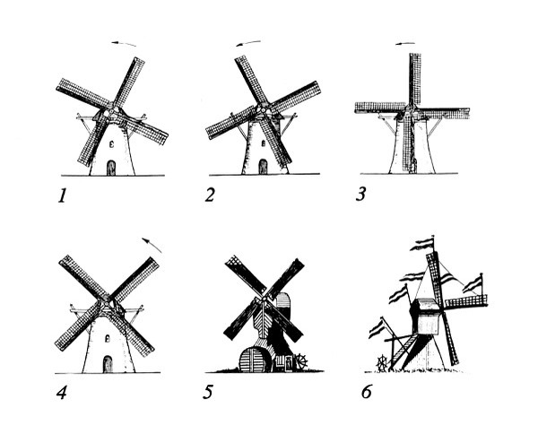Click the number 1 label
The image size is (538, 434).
(x=62, y=195)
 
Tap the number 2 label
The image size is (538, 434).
(x=210, y=195)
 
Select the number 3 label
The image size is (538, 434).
(x=360, y=194)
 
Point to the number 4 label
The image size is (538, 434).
(x=62, y=393)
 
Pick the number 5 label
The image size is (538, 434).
(x=208, y=392)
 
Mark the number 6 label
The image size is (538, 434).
(x=367, y=391)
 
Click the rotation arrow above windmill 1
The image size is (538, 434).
(x=124, y=44)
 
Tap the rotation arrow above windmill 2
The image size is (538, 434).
(x=248, y=43)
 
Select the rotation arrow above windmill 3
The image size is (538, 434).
(x=405, y=44)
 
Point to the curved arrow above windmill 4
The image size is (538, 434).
(x=152, y=244)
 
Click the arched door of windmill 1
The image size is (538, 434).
(x=111, y=168)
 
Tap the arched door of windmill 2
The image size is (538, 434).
(x=263, y=167)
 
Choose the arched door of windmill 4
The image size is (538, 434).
(x=108, y=364)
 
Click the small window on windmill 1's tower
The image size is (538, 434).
(x=111, y=144)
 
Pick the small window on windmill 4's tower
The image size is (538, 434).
(x=107, y=339)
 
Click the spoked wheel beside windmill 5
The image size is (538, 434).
(x=301, y=361)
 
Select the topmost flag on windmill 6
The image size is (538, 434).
(x=422, y=244)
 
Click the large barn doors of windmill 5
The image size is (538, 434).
(x=254, y=360)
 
